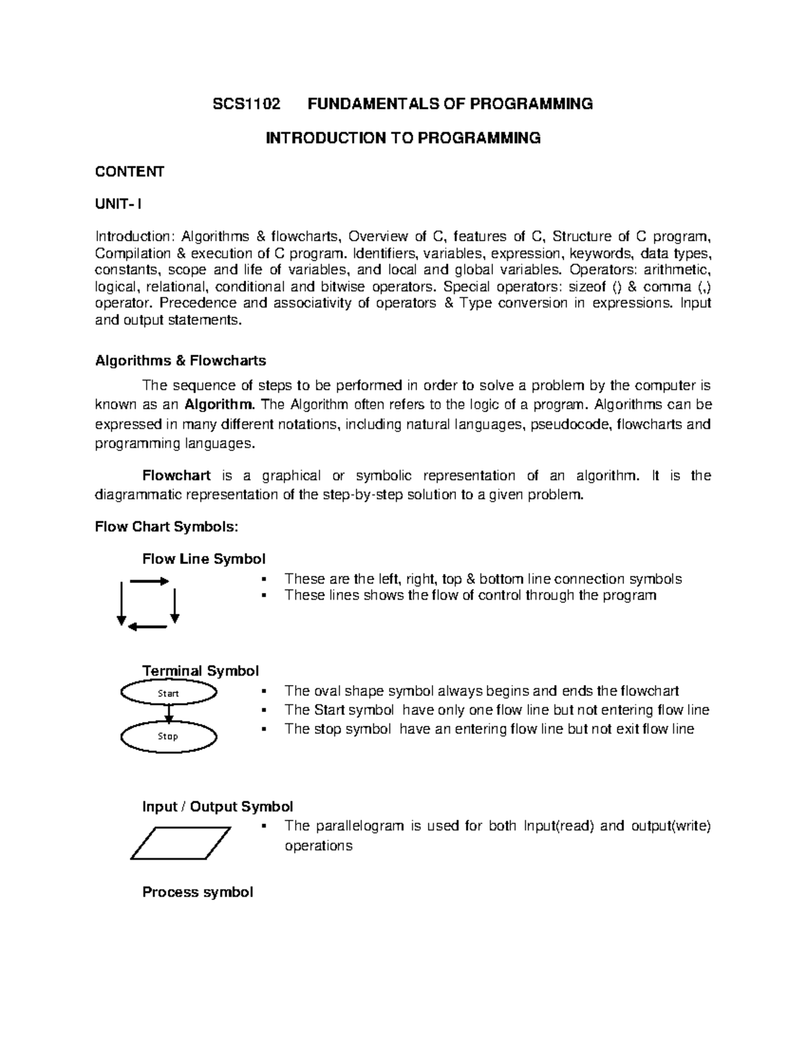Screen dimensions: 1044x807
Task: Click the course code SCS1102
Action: click(245, 104)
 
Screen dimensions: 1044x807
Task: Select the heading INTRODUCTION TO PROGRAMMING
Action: click(403, 138)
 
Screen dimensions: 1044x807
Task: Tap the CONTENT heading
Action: click(129, 171)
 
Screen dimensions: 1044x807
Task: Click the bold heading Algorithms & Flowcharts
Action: click(180, 361)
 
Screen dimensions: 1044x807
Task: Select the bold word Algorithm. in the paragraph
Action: click(220, 405)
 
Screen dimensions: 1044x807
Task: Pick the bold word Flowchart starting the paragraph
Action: click(176, 476)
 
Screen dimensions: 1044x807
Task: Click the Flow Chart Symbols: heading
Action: click(166, 527)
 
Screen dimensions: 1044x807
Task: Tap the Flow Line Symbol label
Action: click(203, 559)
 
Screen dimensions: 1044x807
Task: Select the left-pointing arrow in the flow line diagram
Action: click(147, 627)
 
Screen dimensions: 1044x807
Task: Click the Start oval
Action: click(168, 693)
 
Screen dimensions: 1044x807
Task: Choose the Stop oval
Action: click(168, 737)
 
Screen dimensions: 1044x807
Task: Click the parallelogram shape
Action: click(180, 843)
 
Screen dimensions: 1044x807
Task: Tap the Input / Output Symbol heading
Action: click(217, 807)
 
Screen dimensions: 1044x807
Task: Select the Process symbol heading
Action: click(197, 892)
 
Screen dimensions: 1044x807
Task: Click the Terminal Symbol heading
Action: click(200, 671)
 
